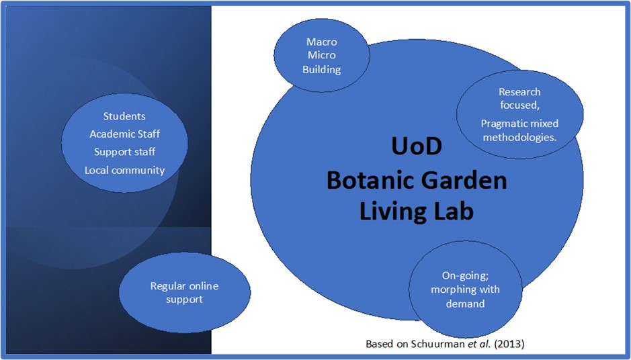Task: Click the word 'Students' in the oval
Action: (124, 116)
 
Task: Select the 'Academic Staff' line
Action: (124, 134)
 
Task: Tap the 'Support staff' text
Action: (124, 152)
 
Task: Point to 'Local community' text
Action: (124, 170)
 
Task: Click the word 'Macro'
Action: (321, 42)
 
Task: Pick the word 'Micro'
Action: (321, 55)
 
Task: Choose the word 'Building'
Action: (321, 69)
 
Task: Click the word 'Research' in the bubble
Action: (519, 91)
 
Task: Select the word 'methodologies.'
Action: (519, 137)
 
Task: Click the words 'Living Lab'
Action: (416, 211)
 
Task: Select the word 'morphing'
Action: (455, 289)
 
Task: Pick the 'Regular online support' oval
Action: (184, 293)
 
